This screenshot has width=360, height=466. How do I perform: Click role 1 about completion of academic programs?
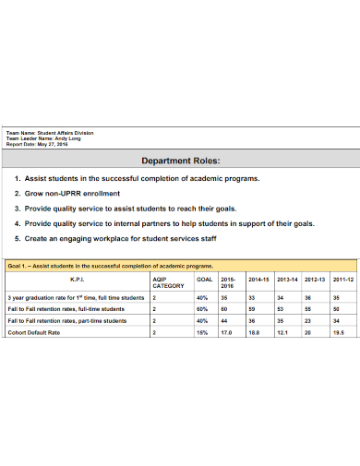point(141,178)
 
